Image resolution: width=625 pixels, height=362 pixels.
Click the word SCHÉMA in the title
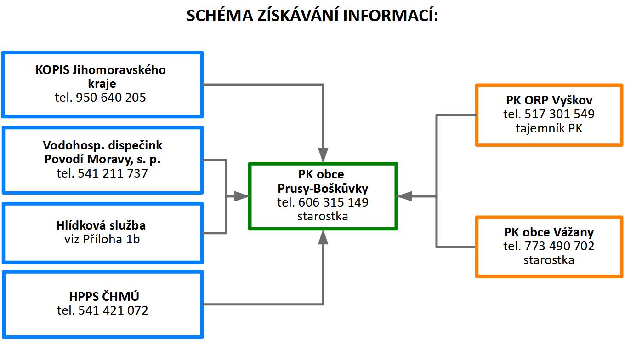click(x=220, y=15)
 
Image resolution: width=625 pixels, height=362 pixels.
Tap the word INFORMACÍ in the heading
click(x=390, y=15)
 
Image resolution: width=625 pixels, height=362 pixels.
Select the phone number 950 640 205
click(x=111, y=98)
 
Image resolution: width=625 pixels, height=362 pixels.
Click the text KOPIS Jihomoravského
click(x=101, y=70)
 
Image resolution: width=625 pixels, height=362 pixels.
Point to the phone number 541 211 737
click(x=113, y=173)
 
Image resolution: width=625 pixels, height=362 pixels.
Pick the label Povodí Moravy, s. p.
click(x=102, y=159)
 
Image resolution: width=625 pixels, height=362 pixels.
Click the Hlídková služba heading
click(x=101, y=225)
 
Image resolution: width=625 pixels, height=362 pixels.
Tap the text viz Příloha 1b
click(x=102, y=239)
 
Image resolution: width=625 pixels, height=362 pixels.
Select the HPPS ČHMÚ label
click(x=104, y=296)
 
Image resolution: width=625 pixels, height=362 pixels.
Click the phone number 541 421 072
click(x=113, y=310)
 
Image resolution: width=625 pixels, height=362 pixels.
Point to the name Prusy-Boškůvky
click(x=323, y=189)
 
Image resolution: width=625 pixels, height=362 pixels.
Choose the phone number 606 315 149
click(x=334, y=202)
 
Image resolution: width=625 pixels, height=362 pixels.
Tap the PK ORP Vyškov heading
click(x=549, y=100)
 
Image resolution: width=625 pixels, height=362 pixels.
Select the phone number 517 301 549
click(x=559, y=114)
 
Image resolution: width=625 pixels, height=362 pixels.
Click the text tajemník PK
click(x=549, y=128)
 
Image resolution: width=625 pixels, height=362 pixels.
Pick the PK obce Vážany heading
click(x=549, y=232)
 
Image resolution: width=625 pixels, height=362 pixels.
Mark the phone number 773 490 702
click(x=559, y=246)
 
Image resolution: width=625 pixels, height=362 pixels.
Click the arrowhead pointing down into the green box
click(x=323, y=155)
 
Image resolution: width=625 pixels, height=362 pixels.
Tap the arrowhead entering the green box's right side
click(x=404, y=196)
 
